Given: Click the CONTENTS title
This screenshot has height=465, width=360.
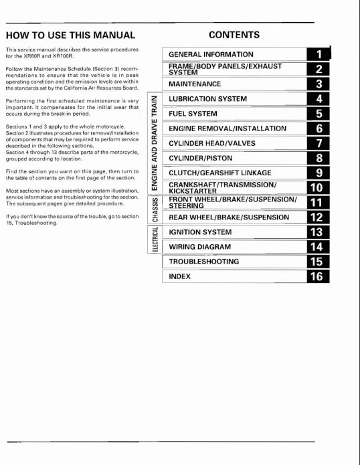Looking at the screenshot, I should pos(234,34).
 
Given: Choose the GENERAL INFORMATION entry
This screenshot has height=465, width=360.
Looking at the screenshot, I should pos(211,54).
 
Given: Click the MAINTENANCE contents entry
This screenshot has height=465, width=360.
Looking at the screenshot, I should pos(195,84).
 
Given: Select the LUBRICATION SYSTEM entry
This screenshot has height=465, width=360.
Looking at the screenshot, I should pos(207,99).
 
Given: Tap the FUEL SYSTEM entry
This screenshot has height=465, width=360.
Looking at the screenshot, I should pos(194,114).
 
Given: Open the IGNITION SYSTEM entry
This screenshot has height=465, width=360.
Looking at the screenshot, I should pos(200,232).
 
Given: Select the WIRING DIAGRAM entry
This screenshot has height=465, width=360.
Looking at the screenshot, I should pos(200,247).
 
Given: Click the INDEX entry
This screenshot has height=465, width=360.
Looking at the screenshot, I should pos(180,276).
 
